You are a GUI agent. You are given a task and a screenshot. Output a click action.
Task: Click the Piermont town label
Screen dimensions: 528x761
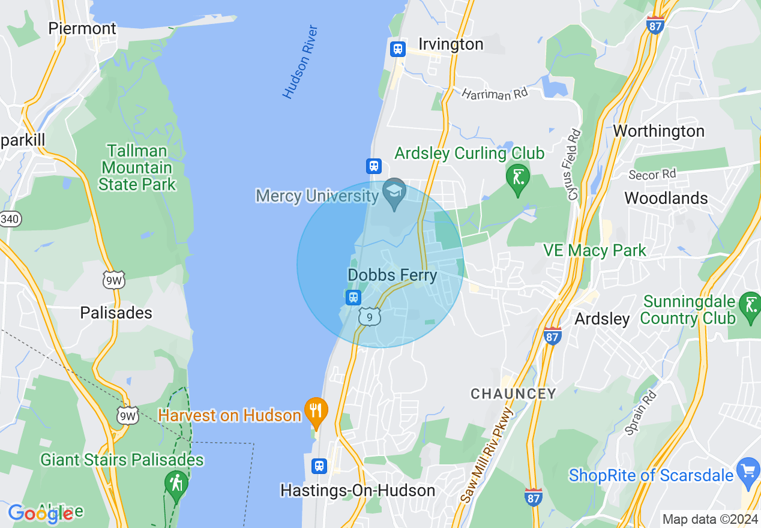(82, 28)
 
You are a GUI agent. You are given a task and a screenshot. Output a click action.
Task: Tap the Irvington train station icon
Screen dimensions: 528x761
(397, 49)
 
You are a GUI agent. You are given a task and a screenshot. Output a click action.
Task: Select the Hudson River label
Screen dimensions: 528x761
(300, 62)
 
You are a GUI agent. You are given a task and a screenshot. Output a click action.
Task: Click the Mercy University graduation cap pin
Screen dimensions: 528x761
(394, 192)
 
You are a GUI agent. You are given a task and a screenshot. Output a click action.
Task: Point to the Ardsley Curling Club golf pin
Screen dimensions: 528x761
(517, 178)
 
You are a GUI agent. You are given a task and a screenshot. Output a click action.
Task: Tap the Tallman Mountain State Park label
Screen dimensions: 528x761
(137, 167)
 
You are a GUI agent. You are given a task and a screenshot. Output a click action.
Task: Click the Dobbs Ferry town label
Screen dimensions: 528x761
(392, 275)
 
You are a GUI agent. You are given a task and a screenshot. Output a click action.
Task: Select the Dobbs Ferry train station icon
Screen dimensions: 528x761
(353, 297)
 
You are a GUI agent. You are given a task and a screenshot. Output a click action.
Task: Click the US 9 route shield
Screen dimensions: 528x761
(370, 316)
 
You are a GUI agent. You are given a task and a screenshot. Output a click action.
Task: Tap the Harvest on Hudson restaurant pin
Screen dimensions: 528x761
(316, 412)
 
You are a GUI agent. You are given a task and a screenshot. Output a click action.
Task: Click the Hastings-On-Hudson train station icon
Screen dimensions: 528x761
(319, 466)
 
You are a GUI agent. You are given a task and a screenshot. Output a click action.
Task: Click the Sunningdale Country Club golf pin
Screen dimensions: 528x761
(750, 306)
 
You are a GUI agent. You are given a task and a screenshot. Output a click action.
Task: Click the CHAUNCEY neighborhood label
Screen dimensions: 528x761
(513, 394)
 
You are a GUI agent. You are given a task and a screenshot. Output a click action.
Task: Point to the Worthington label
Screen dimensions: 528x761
(659, 131)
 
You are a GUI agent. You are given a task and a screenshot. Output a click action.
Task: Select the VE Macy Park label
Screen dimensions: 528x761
(594, 250)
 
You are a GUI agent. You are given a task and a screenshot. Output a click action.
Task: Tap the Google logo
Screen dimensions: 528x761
(40, 514)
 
